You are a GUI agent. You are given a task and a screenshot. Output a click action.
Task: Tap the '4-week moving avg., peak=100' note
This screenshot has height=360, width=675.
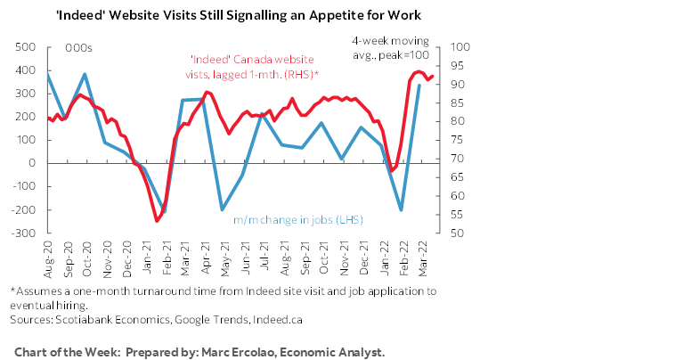pos(392,48)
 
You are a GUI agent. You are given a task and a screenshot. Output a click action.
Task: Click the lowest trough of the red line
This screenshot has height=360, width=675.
pos(157,220)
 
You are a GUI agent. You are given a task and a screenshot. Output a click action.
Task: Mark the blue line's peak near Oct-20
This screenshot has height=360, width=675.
pos(85,74)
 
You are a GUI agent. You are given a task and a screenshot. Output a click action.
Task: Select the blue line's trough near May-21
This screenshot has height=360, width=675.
pos(222,209)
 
